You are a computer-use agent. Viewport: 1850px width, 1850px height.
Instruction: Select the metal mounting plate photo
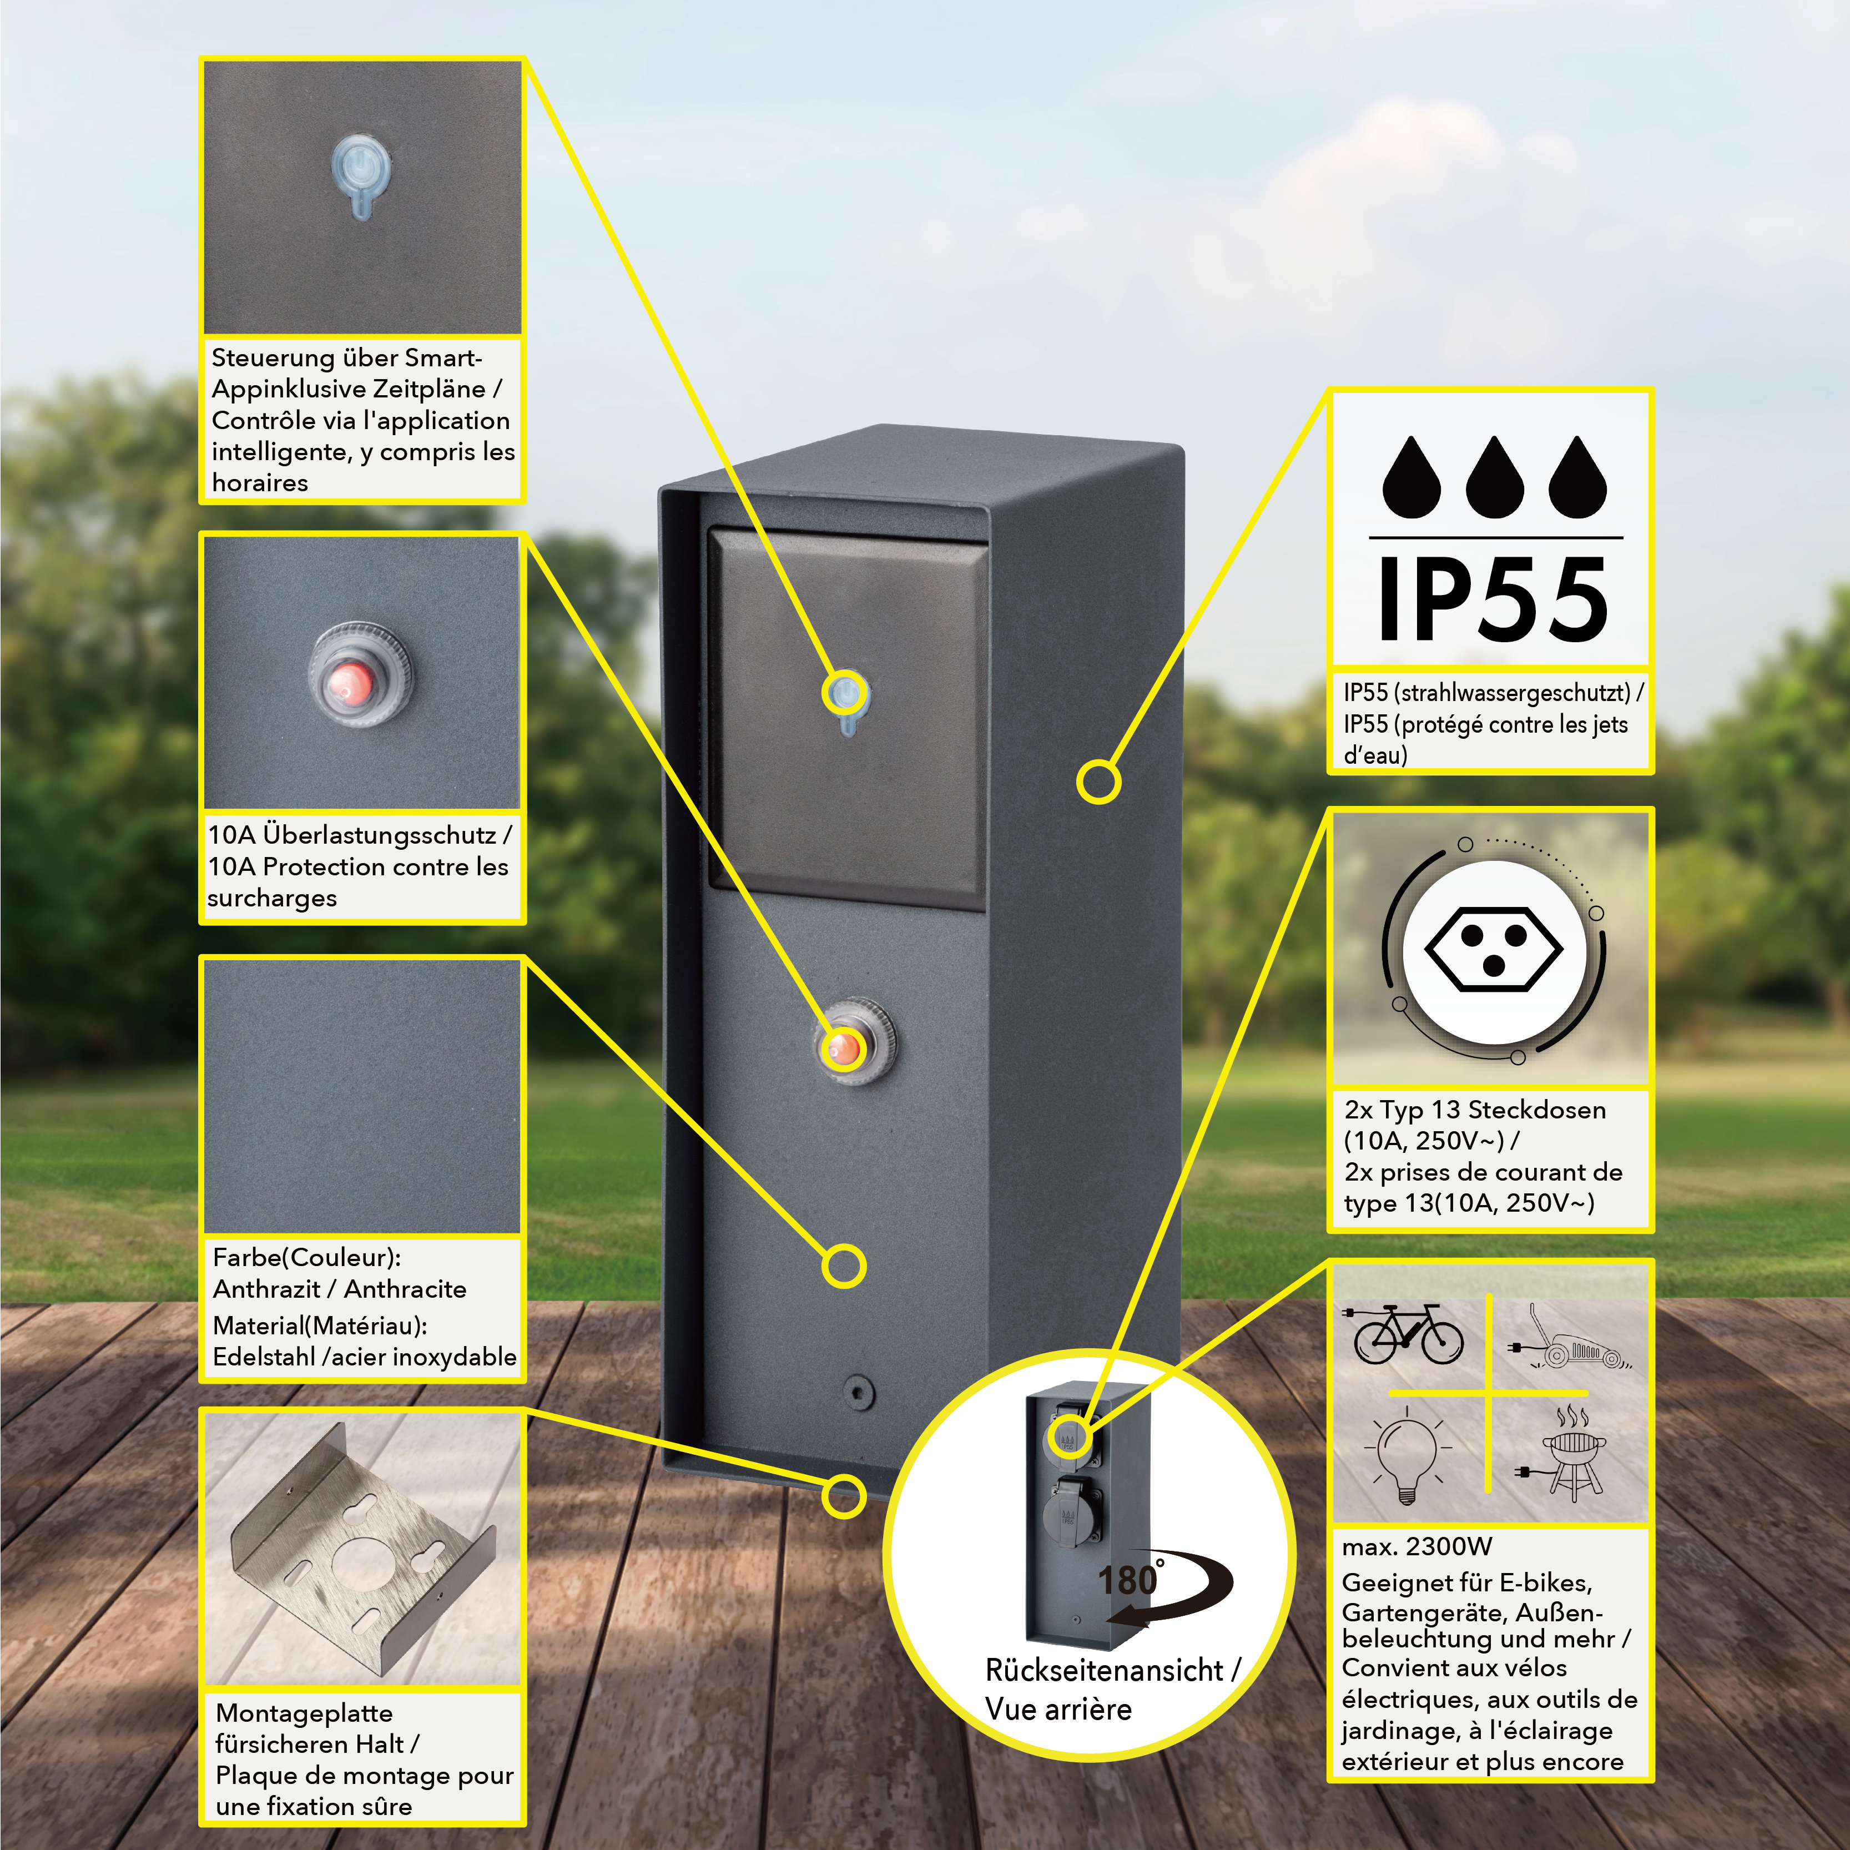(x=362, y=1552)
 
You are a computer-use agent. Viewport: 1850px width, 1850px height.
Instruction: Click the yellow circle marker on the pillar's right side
(x=1098, y=782)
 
